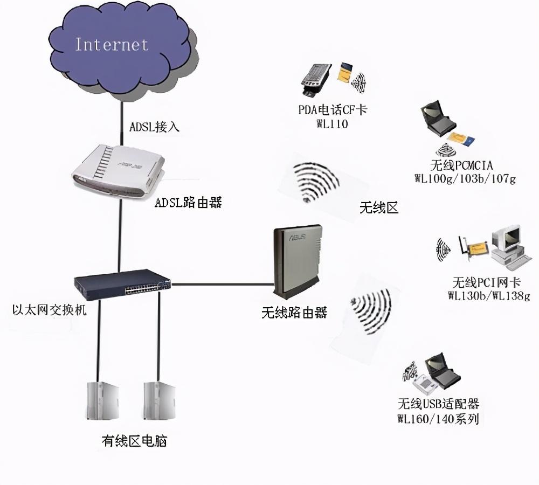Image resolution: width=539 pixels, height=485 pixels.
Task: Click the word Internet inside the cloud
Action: coord(112,44)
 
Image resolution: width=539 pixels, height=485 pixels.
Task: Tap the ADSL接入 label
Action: coord(155,127)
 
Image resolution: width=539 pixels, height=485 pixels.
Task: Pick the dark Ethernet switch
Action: coord(122,284)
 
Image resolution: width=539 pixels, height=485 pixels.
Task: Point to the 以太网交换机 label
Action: coord(49,310)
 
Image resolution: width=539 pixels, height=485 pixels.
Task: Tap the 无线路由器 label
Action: coord(294,313)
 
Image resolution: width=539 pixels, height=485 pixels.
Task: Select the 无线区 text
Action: coord(379,207)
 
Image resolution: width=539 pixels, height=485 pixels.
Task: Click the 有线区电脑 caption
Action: coord(134,441)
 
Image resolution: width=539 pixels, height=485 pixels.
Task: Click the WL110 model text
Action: coord(333,124)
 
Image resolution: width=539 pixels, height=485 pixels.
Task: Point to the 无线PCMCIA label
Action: coord(462,165)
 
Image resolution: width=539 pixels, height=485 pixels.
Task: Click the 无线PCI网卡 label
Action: coord(487,282)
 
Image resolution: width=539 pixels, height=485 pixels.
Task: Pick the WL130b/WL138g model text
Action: coord(488,295)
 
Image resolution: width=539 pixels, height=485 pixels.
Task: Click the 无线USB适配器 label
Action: coord(438,404)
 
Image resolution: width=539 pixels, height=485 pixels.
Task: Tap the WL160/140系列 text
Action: coord(438,418)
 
